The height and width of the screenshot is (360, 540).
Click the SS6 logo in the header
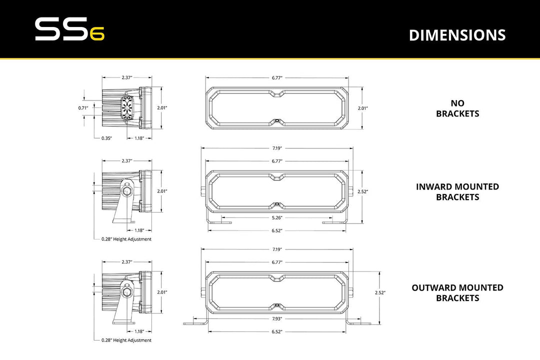[x=69, y=30]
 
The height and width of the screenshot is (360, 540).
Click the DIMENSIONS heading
[x=457, y=35]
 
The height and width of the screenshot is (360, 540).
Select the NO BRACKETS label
[x=457, y=108]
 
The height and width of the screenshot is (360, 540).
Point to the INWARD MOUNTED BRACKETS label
[x=457, y=191]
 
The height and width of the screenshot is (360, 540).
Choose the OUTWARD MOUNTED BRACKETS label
[x=457, y=292]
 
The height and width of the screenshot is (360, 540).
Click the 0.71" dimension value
[x=83, y=108]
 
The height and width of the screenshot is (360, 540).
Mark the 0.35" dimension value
[x=106, y=137]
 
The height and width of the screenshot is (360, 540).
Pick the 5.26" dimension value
[x=277, y=217]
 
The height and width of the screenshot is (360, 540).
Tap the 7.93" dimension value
[x=277, y=318]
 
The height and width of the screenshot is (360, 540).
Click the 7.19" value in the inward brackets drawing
[x=277, y=148]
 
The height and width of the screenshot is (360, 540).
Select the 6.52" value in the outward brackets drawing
[x=277, y=331]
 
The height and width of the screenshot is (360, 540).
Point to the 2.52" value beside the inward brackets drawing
[x=362, y=191]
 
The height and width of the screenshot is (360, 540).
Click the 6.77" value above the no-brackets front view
[x=277, y=78]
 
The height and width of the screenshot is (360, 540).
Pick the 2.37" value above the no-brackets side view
[x=127, y=78]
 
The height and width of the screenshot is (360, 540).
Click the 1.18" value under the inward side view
[x=140, y=230]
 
